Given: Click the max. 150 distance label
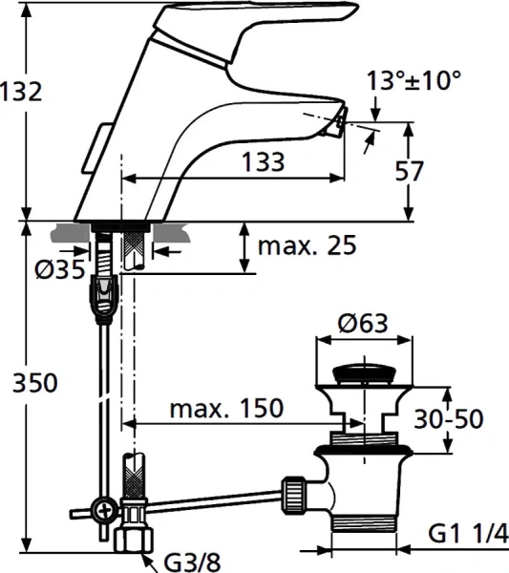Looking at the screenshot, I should click(226, 409).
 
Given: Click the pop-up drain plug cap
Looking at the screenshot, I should click(364, 372).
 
